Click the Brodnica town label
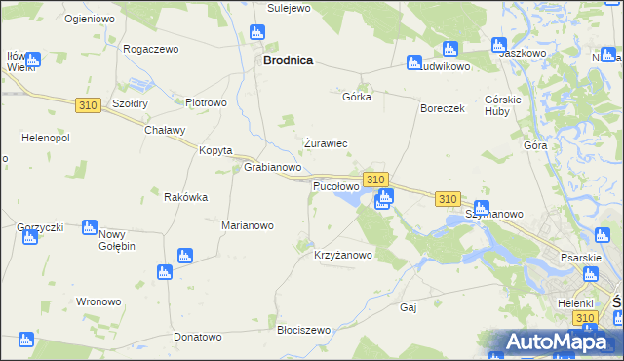pos(288,60)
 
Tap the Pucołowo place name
pos(335,185)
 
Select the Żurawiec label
pos(326,143)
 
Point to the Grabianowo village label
pos(272,168)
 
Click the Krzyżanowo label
pos(343,255)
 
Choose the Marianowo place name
pos(248,225)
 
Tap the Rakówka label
pos(185,197)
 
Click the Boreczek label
pos(443,109)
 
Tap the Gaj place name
pos(409,307)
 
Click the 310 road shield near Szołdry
pos(87,103)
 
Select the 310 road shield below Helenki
pos(585,318)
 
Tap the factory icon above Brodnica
pos(258,32)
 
